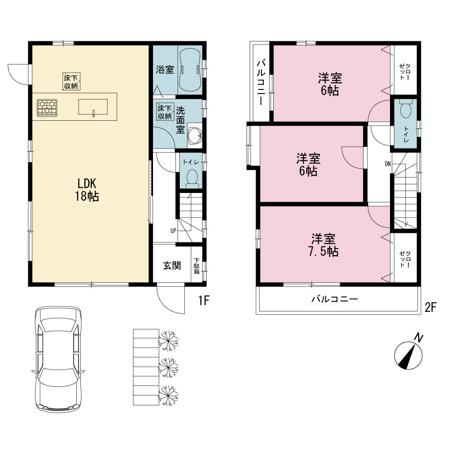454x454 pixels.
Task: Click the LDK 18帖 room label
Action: [x=87, y=190]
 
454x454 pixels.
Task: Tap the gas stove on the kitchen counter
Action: [x=47, y=108]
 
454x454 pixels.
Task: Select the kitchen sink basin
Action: [x=93, y=107]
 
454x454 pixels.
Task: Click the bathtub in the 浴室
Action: [x=190, y=70]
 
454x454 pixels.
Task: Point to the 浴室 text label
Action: [x=165, y=69]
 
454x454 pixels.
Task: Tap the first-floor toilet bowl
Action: [x=192, y=177]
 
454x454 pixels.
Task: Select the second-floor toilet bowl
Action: [x=405, y=109]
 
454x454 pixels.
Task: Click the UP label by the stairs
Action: [x=173, y=231]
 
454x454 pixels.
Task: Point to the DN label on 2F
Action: [x=388, y=164]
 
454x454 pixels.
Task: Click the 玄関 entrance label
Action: [x=172, y=266]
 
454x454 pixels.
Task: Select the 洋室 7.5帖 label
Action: [x=323, y=245]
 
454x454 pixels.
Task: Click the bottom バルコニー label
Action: [x=335, y=299]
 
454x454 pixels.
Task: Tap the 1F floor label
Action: [x=204, y=300]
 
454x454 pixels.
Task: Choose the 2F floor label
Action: [x=430, y=307]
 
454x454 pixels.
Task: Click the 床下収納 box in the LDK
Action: [x=71, y=82]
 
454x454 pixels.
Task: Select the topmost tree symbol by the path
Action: [x=169, y=340]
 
